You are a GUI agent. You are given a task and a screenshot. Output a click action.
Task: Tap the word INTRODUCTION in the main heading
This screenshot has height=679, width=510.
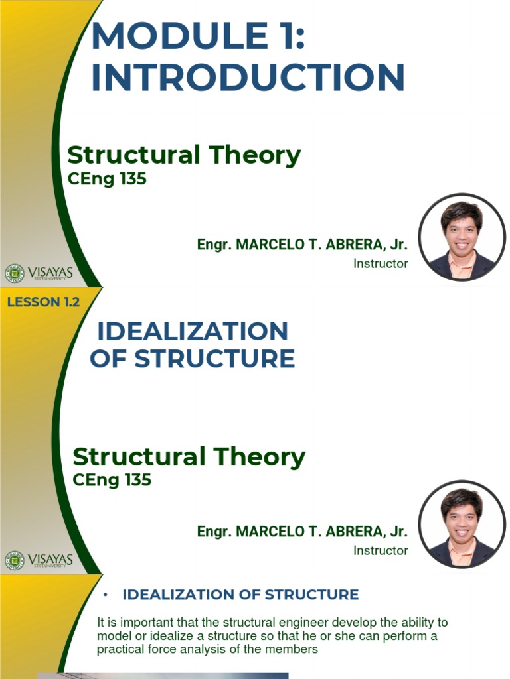click(248, 78)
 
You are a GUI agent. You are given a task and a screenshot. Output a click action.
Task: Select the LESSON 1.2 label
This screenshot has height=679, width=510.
click(43, 302)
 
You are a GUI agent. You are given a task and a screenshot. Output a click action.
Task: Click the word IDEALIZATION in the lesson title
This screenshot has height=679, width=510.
click(193, 331)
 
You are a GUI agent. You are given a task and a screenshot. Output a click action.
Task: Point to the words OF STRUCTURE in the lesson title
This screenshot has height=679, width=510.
click(193, 359)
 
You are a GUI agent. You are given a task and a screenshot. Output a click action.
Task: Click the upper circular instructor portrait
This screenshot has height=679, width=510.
click(462, 237)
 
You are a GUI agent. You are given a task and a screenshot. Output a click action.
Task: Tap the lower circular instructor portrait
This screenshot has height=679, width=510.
click(462, 525)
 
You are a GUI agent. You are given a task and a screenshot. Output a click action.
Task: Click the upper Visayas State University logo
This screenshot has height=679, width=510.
click(39, 273)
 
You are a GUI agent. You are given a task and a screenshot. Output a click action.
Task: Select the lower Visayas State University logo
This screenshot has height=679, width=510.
click(39, 560)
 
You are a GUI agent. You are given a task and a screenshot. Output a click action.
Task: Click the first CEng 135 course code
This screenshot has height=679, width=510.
click(107, 178)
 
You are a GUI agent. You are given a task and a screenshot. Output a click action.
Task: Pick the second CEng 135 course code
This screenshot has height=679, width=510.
click(112, 479)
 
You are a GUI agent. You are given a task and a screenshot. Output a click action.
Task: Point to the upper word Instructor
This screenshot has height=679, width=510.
click(381, 263)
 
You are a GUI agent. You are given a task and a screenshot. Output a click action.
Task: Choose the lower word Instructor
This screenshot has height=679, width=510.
click(381, 550)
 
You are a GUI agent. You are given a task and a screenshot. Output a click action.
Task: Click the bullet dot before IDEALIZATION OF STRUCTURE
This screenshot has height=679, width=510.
click(105, 595)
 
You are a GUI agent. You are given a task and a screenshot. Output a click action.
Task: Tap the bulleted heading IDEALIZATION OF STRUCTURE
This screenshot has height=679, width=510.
click(240, 595)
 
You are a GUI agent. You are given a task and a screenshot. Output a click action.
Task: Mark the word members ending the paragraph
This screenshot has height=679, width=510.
click(297, 649)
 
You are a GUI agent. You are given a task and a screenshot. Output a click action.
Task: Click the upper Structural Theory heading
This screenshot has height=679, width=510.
click(184, 155)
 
